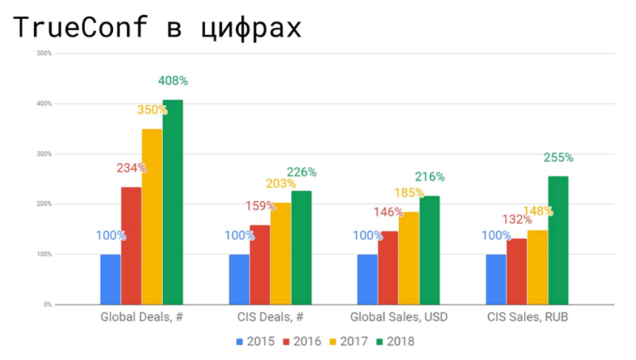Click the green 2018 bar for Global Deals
173,202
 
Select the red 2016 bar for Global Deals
131,246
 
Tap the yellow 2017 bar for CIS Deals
281,254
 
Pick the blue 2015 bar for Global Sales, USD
367,279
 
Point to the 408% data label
173,81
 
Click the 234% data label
131,168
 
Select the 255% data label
558,157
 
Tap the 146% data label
388,212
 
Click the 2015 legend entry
254,342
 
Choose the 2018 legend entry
395,342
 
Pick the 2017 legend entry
348,342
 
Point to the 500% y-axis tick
45,53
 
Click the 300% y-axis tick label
45,154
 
